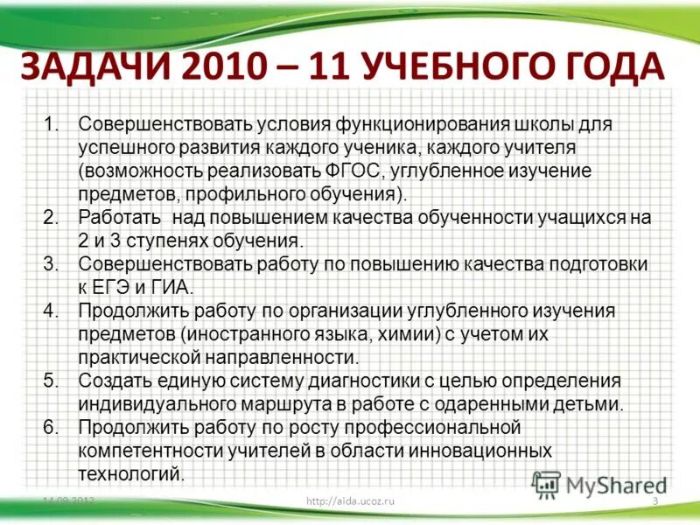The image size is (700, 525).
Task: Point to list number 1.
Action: [52, 124]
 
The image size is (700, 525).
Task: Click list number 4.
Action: [52, 311]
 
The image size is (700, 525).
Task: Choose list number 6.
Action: [52, 428]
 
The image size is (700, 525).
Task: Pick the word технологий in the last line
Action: [131, 474]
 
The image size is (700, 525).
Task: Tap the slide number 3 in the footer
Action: [654, 500]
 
